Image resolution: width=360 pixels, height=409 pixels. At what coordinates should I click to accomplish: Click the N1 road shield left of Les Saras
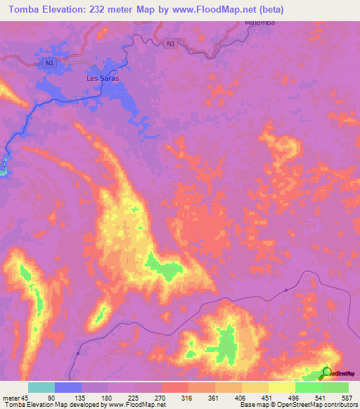(49, 64)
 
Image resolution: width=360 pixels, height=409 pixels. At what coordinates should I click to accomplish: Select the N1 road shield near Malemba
(171, 44)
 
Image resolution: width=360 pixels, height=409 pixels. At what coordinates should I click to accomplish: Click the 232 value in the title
(98, 8)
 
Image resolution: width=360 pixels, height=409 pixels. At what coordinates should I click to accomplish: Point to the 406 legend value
(241, 397)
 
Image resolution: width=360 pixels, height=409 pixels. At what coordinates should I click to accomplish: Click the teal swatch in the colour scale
(41, 387)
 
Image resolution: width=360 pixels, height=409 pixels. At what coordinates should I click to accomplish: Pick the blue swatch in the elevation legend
(68, 387)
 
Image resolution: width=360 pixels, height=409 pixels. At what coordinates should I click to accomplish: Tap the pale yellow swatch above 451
(281, 387)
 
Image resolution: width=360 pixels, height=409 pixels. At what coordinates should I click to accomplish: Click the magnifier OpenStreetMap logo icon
(327, 372)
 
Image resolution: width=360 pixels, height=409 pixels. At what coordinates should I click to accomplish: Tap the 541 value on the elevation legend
(321, 397)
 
